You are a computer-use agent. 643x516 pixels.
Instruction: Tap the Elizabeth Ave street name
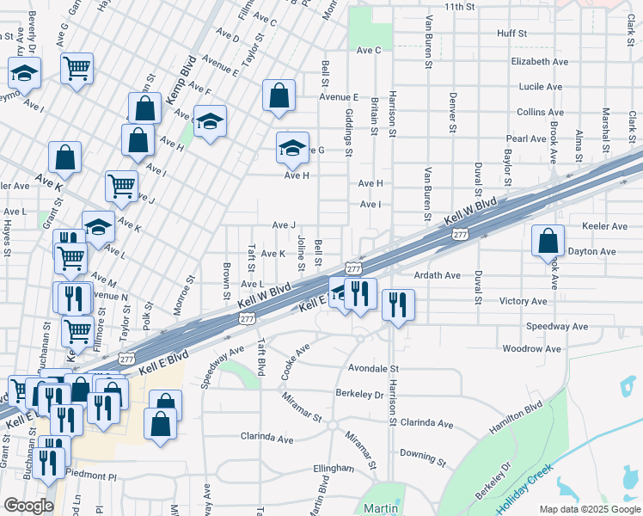(x=540, y=62)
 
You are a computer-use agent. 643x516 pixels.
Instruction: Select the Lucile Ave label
(x=540, y=87)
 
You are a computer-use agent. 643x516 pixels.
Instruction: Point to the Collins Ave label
(x=541, y=112)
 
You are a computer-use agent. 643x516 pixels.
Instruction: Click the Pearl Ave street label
(x=526, y=138)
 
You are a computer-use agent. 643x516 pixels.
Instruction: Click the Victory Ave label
(x=524, y=302)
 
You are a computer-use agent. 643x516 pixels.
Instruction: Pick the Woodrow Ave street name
(x=531, y=349)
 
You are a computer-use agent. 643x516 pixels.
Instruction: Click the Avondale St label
(x=375, y=367)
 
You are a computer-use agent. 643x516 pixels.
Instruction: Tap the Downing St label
(x=422, y=451)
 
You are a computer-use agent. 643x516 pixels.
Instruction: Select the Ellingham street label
(x=334, y=468)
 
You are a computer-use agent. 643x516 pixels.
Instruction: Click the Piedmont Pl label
(x=94, y=476)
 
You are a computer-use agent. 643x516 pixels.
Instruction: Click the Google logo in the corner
(x=28, y=506)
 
